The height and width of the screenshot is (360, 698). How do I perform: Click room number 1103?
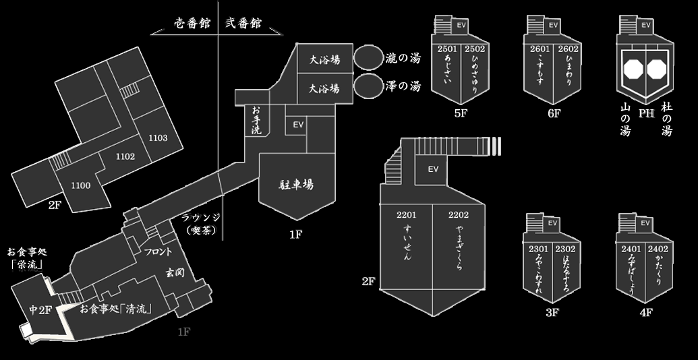(158, 138)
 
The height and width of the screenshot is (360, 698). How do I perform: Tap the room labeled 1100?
(80, 185)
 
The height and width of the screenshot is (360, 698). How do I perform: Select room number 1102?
(125, 156)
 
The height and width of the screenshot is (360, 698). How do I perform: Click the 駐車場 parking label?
(297, 184)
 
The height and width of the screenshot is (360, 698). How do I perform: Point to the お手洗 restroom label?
(256, 120)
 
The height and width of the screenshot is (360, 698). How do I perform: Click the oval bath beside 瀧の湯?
(368, 58)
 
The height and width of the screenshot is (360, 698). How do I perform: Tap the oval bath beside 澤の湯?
(368, 87)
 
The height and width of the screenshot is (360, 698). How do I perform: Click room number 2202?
(457, 215)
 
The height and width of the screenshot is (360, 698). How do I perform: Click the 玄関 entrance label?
(175, 272)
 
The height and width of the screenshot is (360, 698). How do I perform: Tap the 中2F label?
(40, 310)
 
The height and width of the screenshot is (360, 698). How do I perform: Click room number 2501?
(448, 49)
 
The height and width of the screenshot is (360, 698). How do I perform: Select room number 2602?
(569, 49)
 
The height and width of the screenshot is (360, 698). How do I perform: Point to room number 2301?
(539, 249)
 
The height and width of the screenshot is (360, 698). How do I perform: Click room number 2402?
(658, 249)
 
